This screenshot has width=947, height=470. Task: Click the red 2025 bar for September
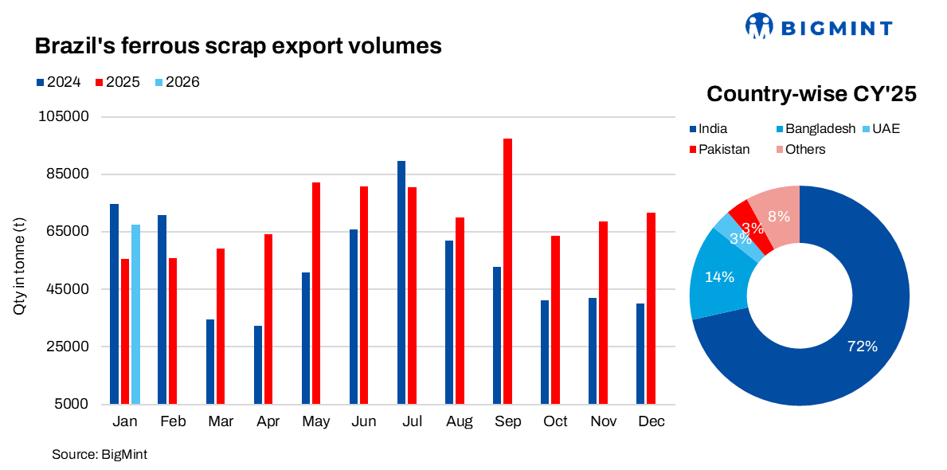(507, 271)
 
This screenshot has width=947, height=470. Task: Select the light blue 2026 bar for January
(135, 314)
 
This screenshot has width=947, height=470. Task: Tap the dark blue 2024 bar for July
(401, 282)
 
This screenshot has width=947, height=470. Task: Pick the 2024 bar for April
(258, 364)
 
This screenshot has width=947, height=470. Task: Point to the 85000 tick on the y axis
(67, 174)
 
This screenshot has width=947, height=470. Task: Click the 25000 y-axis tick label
(67, 347)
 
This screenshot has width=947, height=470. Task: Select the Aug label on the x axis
(460, 421)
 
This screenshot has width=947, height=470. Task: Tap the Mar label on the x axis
(220, 421)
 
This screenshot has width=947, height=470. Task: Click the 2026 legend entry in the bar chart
(177, 82)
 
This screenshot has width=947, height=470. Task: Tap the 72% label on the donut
(862, 347)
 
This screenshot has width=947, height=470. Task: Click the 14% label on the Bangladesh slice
(720, 276)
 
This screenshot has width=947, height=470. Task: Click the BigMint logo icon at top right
(759, 25)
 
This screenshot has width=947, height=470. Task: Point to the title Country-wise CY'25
(812, 94)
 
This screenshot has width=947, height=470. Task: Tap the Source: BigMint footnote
(100, 454)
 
